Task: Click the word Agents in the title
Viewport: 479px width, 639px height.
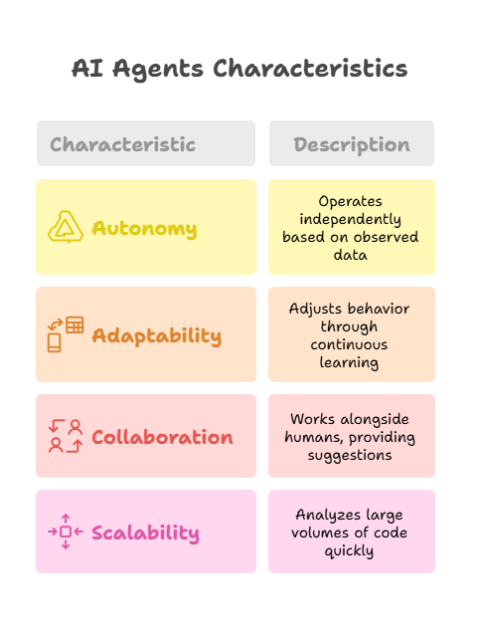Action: [x=158, y=69]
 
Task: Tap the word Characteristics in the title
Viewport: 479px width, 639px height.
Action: [x=310, y=68]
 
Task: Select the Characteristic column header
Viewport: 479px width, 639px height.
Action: [x=122, y=144]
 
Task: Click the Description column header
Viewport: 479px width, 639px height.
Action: [x=352, y=145]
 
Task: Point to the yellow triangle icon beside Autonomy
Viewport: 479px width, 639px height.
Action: [x=66, y=227]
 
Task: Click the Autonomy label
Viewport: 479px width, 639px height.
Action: [x=144, y=229]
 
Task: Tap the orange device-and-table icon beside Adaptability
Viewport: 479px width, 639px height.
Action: [x=66, y=334]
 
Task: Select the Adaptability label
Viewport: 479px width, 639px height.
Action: [x=157, y=336]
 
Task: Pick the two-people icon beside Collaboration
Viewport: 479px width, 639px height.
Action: [x=66, y=436]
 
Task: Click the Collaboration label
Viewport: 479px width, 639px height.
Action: [x=162, y=437]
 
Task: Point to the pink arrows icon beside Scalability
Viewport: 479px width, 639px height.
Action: [x=66, y=532]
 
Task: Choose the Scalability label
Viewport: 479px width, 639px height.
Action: [x=145, y=533]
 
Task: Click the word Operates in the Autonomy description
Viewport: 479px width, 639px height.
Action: [x=351, y=201]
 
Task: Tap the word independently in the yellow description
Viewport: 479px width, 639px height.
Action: [x=351, y=219]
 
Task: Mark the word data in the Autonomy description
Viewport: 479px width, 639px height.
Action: [x=351, y=255]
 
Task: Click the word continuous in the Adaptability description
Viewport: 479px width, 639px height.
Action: [x=349, y=344]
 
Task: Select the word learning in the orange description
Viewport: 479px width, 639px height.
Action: [x=349, y=362]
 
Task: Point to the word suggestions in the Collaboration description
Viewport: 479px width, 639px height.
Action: [x=350, y=455]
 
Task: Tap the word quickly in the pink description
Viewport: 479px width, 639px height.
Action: [x=349, y=551]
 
